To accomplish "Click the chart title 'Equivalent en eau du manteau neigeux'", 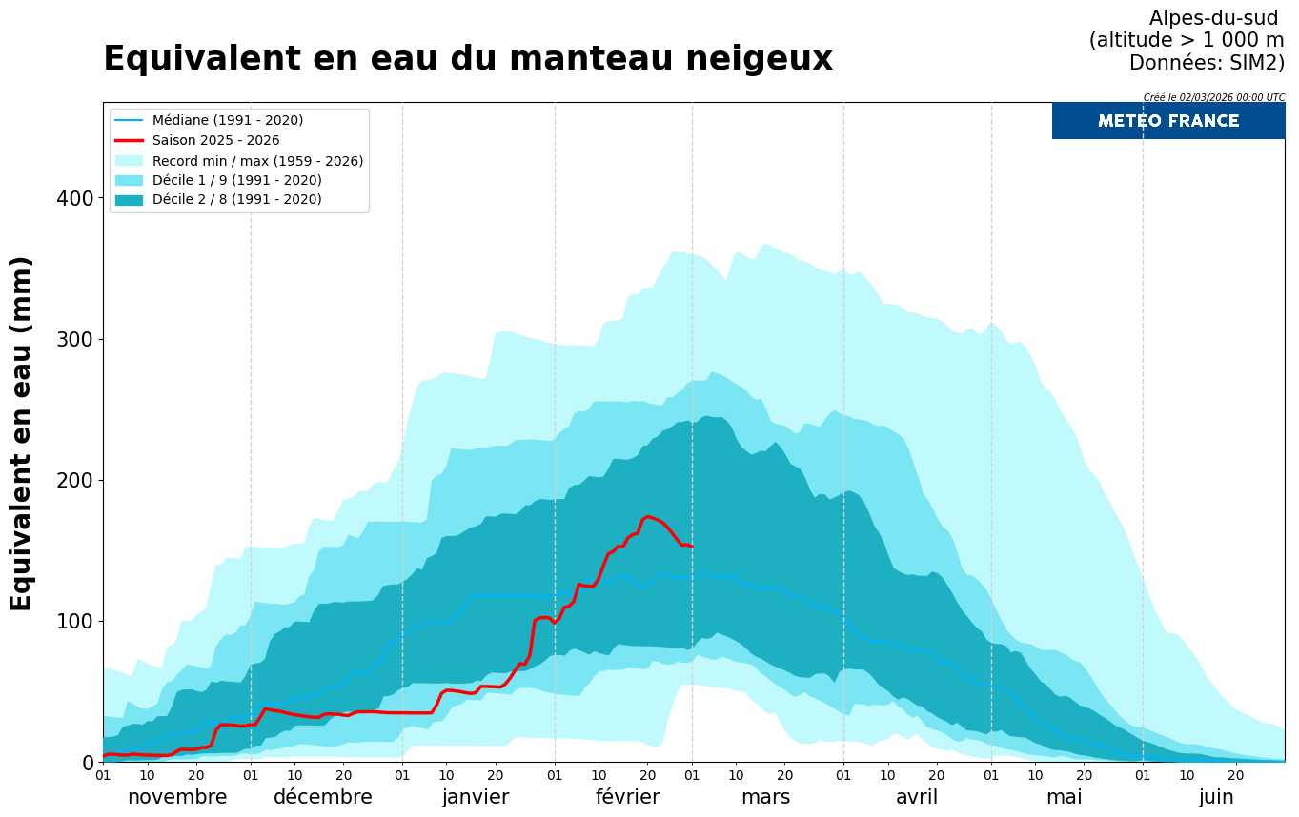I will (467, 59).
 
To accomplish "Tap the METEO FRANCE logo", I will (1167, 121).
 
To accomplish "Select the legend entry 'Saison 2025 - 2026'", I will (215, 140).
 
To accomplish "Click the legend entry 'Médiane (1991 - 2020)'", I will (227, 120).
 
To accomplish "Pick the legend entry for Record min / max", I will (257, 161).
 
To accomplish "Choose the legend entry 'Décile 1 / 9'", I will (236, 180).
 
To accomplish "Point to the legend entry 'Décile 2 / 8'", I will (236, 200).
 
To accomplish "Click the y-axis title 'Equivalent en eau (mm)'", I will (21, 433).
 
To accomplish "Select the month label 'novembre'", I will (177, 797).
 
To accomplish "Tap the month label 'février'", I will (627, 797).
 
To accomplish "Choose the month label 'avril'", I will (917, 797).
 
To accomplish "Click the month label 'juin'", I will (1216, 797).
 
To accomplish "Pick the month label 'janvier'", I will (476, 797).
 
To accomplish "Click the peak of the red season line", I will (647, 517).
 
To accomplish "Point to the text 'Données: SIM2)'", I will (1207, 63).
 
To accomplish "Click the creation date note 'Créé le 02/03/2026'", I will (1213, 97).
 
